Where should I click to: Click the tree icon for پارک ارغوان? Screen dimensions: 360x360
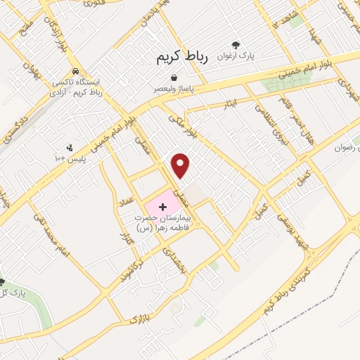[x=235, y=44]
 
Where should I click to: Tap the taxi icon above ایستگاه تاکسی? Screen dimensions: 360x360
[x=75, y=72]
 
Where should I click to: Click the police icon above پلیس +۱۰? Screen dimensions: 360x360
[x=69, y=148]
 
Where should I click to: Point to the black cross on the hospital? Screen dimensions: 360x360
[x=163, y=207]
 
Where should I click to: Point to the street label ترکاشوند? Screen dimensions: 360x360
[x=136, y=264]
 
